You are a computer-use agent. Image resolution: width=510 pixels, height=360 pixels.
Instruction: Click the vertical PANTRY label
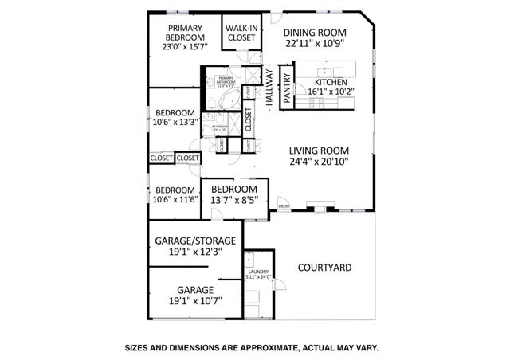coord(287,81)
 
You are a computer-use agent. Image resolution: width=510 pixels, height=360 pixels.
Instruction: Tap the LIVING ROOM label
coord(320,149)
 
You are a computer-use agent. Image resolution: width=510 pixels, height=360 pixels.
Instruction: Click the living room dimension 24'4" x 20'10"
coord(320,162)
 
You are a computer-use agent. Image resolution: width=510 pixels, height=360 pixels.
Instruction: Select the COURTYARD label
coord(324,268)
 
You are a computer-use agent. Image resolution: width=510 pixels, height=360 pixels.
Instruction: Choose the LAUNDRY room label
coord(258,272)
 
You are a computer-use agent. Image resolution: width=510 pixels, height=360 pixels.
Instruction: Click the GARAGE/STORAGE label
coord(194,240)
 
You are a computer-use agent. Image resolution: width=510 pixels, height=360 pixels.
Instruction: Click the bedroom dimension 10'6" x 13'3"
coord(175,123)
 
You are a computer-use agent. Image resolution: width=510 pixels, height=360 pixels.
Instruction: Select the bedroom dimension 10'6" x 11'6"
coord(175,200)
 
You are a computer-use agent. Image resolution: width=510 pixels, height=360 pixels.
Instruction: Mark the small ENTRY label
coord(284,208)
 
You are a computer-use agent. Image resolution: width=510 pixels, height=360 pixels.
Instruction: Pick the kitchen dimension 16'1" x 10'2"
coord(334,92)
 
